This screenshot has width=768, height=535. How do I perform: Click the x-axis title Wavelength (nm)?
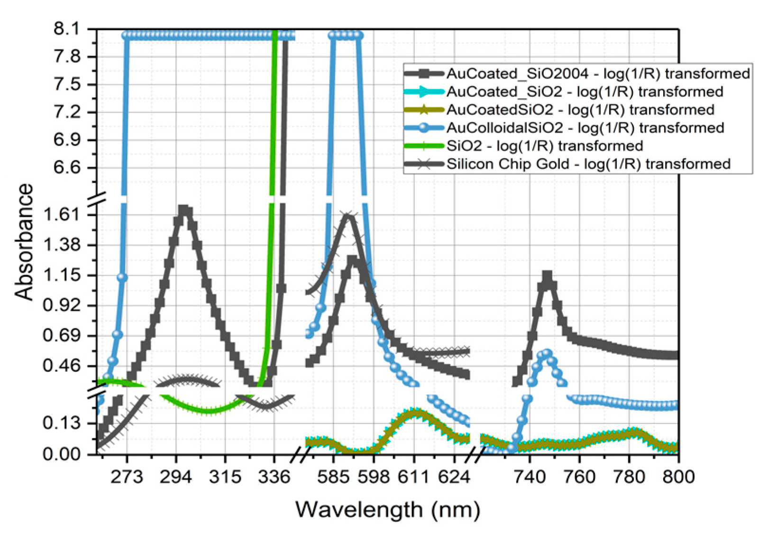(388, 510)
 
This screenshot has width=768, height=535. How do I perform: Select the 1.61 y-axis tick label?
(62, 214)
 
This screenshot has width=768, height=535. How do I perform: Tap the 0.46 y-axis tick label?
(62, 366)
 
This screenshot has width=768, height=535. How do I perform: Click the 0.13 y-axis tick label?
(62, 422)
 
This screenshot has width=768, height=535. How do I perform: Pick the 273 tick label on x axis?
(127, 476)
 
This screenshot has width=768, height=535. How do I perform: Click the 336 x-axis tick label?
(274, 476)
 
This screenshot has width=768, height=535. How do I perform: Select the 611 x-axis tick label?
(414, 476)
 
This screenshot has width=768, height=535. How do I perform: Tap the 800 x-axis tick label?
(678, 476)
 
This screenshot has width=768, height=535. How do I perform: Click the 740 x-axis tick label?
(530, 476)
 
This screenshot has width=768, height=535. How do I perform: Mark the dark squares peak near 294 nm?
(185, 211)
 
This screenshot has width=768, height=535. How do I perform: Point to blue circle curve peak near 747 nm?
(547, 353)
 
